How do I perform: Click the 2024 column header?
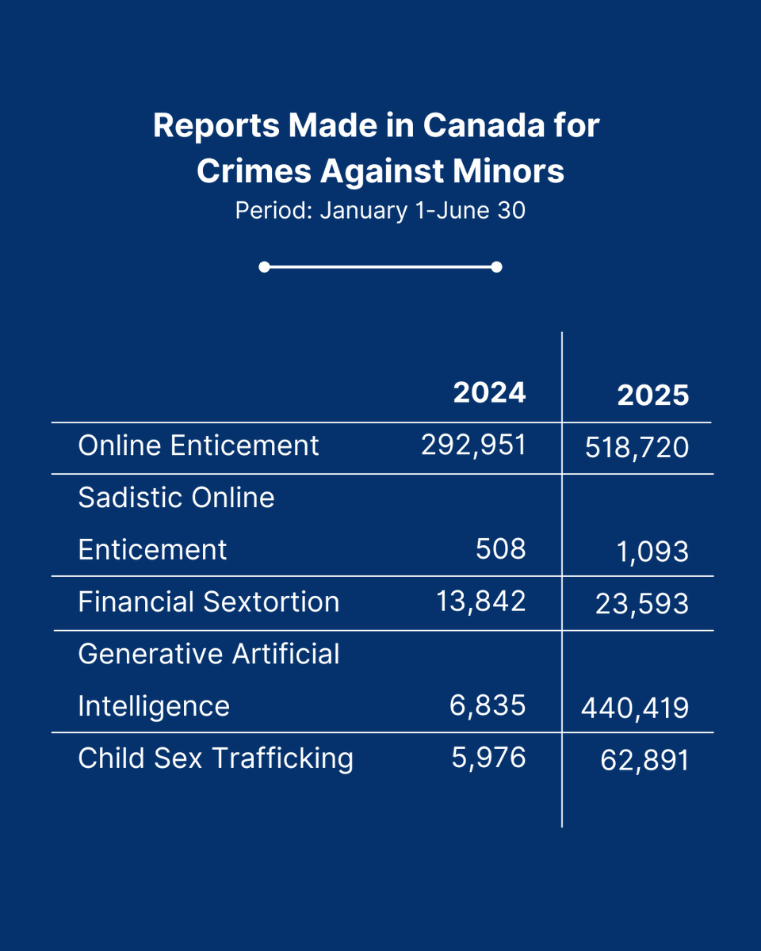(489, 392)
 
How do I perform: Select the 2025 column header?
(653, 395)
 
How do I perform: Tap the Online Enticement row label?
(198, 445)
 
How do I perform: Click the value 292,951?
(473, 445)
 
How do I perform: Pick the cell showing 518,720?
(637, 449)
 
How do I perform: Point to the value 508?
(500, 549)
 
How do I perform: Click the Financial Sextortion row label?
(208, 602)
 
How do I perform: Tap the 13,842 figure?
(481, 602)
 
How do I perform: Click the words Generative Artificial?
(208, 654)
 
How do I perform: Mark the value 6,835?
(488, 705)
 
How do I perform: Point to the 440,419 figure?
(635, 708)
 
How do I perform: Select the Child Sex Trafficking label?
(216, 758)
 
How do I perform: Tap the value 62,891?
(644, 761)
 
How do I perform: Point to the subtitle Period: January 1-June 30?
(380, 212)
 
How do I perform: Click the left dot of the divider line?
(265, 267)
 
